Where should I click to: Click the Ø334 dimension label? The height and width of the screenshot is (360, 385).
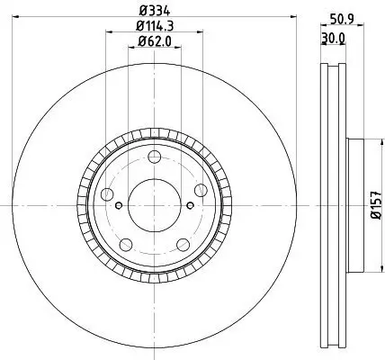154,12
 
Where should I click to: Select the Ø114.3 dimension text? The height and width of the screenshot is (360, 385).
154,27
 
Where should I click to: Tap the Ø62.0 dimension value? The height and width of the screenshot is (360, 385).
154,41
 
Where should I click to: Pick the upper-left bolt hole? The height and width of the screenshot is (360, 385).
110,195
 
